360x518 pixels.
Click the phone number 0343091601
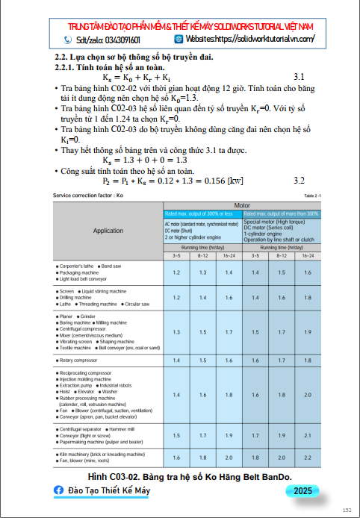point(119,40)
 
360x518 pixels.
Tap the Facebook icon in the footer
point(59,490)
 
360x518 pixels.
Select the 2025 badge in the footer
point(303,490)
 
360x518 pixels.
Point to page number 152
point(347,510)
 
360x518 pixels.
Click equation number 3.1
point(300,77)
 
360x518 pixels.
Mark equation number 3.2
point(300,181)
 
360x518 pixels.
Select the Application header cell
point(108,231)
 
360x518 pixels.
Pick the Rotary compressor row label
point(82,360)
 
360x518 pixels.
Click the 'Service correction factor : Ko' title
point(88,195)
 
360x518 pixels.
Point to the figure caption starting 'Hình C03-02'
point(189,475)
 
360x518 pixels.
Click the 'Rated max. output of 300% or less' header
point(201,213)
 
